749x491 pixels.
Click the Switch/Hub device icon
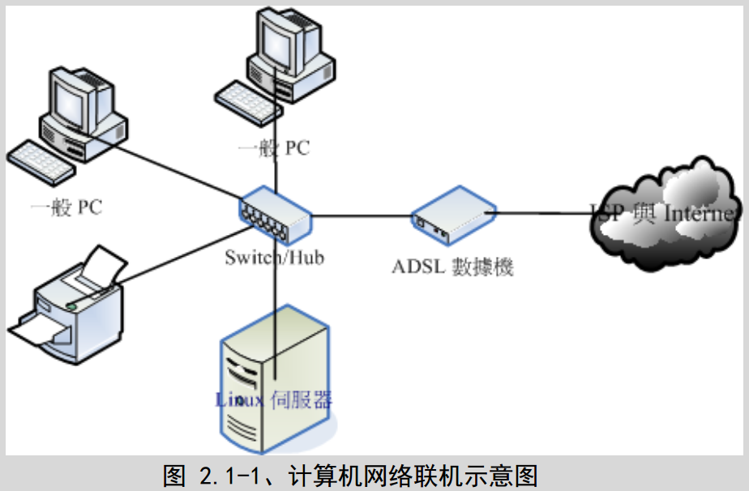(275, 215)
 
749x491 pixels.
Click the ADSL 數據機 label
(453, 267)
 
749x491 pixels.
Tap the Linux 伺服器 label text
(274, 399)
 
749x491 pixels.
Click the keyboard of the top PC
(247, 100)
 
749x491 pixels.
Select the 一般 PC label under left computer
(66, 207)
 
